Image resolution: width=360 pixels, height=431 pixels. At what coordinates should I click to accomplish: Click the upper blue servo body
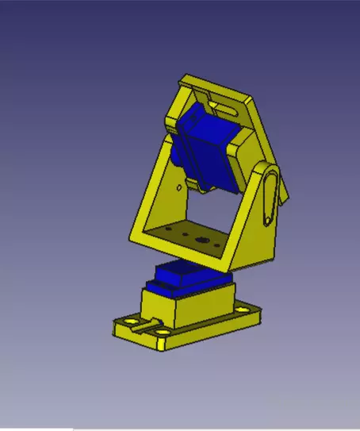click(x=208, y=151)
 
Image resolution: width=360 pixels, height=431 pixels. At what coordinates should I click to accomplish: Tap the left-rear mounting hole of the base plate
click(x=124, y=323)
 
